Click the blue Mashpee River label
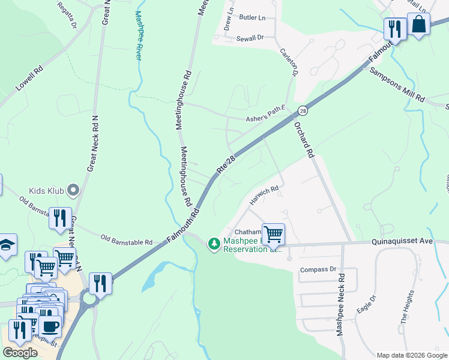[x=139, y=36]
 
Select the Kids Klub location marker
[x=73, y=191]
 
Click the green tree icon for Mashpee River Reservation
[x=213, y=244]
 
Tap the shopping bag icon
[x=418, y=25]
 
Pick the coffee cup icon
[x=50, y=326]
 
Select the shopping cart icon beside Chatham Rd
[x=273, y=233]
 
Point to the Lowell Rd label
[x=29, y=78]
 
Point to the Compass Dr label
[x=318, y=269]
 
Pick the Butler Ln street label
[x=252, y=19]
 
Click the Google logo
[x=20, y=353]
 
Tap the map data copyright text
[x=411, y=355]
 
